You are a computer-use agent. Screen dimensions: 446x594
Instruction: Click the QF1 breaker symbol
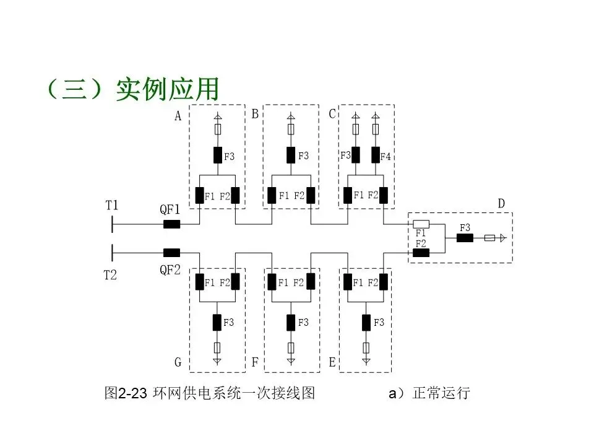coord(171,224)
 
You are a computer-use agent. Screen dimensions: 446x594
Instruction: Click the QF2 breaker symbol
coord(171,253)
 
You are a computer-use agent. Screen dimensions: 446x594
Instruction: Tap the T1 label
coord(112,205)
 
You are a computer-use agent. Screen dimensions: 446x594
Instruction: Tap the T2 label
coord(110,275)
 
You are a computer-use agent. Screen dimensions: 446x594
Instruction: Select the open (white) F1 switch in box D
coord(421,224)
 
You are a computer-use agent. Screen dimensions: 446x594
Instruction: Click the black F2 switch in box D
coord(421,253)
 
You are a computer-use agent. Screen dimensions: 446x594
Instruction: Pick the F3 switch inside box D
coord(465,238)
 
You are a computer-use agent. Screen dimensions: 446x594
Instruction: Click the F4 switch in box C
coord(376,155)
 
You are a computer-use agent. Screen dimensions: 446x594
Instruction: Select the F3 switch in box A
coord(218,155)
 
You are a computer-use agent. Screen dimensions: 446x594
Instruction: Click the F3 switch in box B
coord(291,155)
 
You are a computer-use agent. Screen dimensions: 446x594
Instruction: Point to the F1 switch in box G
coord(200,282)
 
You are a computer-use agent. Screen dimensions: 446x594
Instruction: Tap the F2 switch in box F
coord(311,282)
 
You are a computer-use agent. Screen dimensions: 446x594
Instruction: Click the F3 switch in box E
coord(367,322)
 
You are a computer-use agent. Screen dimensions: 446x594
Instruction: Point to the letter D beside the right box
coord(501,204)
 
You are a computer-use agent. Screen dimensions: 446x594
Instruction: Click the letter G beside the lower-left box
coord(178,362)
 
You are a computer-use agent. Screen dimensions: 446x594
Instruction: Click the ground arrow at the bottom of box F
coord(291,359)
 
